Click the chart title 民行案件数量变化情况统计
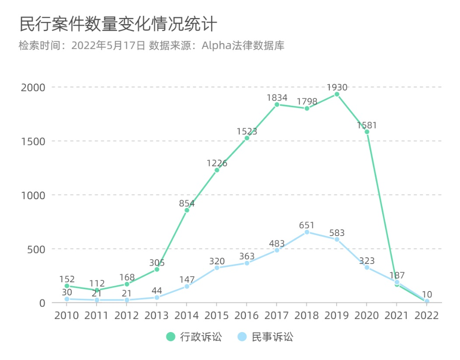point(118,24)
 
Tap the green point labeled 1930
point(337,94)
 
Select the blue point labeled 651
point(307,232)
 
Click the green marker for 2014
point(187,210)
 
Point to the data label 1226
point(217,163)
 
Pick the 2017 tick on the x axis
point(277,315)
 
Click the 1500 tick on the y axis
point(33,141)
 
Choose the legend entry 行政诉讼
point(194,337)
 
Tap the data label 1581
point(366,125)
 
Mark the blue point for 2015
point(217,268)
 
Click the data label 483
point(276,243)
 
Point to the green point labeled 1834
point(277,105)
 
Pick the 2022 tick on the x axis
point(427,315)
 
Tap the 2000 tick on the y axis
point(33,87)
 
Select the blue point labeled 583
point(337,239)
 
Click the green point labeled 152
point(67,286)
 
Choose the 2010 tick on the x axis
point(67,315)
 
